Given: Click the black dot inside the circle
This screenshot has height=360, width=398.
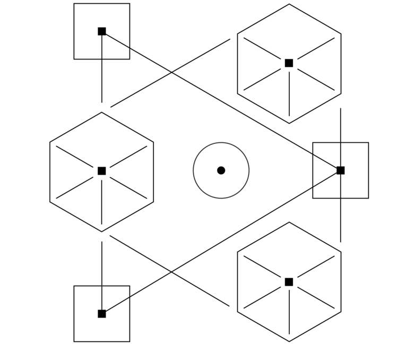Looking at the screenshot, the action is click(221, 170).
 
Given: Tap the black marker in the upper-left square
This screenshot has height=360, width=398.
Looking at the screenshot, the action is click(102, 31).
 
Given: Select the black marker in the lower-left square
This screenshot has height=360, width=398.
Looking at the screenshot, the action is click(102, 314).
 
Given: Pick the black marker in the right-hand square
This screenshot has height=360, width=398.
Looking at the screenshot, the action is click(341, 170).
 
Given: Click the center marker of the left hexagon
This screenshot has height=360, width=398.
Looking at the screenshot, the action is click(102, 171).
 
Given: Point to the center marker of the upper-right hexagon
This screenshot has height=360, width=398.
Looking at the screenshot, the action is click(289, 63).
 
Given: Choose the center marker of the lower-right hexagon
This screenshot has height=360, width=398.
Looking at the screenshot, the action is click(289, 282).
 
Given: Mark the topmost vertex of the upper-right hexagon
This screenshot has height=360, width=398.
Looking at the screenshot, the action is click(289, 4).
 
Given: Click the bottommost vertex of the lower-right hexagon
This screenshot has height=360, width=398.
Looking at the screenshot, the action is click(289, 341).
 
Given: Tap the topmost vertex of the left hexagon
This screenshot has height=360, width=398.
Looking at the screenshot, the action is click(102, 113).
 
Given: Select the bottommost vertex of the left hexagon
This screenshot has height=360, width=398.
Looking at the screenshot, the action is click(102, 232).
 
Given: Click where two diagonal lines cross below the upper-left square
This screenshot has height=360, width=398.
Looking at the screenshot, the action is click(171, 72).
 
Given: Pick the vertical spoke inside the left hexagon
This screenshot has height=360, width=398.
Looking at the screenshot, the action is click(102, 202).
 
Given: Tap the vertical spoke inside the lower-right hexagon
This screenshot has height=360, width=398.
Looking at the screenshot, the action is click(289, 313).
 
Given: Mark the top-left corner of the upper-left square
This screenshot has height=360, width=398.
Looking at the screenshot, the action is click(74, 4).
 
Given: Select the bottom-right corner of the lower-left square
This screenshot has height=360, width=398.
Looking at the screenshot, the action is click(129, 341).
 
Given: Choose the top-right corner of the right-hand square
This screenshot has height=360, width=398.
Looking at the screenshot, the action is click(368, 143).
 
